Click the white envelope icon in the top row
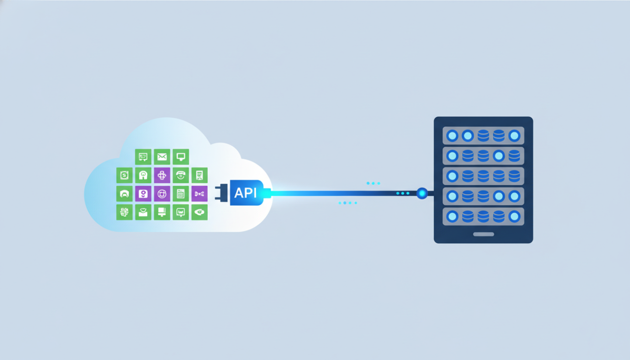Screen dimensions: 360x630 [162, 157]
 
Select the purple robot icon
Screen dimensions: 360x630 [162, 175]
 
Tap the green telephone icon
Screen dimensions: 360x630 [181, 175]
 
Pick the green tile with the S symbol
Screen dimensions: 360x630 [125, 175]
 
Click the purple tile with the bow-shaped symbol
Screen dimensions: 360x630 [199, 194]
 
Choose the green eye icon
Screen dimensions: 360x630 [199, 212]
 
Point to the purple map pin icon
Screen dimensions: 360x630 [143, 194]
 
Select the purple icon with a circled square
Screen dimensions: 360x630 [162, 194]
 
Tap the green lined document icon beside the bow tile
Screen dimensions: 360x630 [181, 194]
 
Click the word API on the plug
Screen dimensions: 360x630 [245, 193]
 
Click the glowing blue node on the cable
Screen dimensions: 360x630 [422, 193]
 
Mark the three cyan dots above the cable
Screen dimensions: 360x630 [373, 183]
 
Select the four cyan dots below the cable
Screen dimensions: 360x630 [347, 203]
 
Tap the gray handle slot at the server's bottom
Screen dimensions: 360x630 [483, 234]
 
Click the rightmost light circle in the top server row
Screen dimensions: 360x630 [514, 135]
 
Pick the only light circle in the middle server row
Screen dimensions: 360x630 [452, 176]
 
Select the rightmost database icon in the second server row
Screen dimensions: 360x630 [514, 156]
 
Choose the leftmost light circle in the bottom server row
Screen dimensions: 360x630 [452, 216]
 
